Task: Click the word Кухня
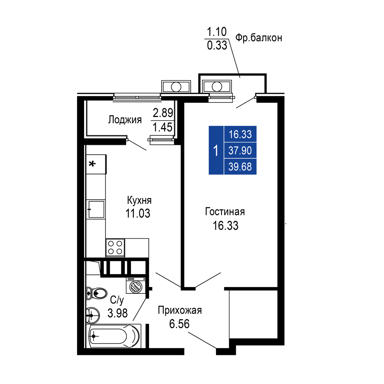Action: [139, 200]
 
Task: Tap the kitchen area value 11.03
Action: [138, 213]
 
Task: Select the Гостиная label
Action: [225, 212]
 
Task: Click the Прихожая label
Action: [180, 310]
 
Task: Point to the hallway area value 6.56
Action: [179, 324]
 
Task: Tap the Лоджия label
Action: [125, 120]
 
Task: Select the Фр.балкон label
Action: [259, 38]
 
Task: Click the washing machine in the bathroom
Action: [136, 285]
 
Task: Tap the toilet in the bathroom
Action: [97, 293]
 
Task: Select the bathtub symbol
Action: [114, 336]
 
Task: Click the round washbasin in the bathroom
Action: [93, 316]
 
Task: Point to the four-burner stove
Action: [115, 248]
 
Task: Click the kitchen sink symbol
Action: [96, 209]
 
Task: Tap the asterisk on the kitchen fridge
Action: [92, 164]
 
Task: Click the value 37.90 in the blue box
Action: [240, 150]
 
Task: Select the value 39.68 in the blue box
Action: [240, 167]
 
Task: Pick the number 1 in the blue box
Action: [216, 150]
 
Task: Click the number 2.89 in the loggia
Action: [163, 113]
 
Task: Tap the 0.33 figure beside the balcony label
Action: [217, 45]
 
